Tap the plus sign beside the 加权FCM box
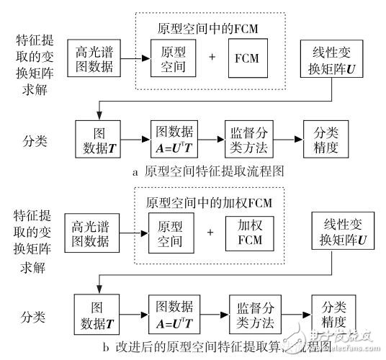coord(210,232)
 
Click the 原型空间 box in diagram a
coord(171,56)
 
